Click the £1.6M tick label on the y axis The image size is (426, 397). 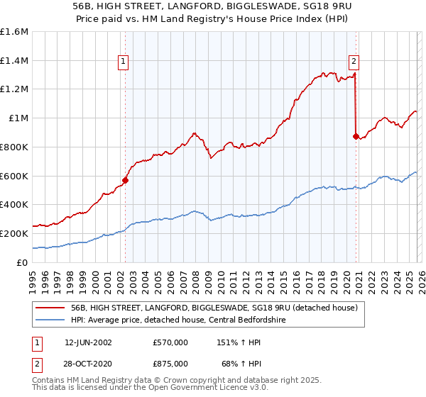(13, 32)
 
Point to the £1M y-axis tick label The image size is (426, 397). (18, 118)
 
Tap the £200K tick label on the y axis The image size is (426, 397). (13, 233)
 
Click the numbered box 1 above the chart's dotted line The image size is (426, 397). (125, 62)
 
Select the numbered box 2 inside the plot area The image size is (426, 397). (354, 62)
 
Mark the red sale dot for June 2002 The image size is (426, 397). (126, 180)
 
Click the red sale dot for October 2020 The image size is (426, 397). (356, 136)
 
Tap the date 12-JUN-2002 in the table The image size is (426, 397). (88, 342)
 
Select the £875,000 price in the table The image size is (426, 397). (170, 363)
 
